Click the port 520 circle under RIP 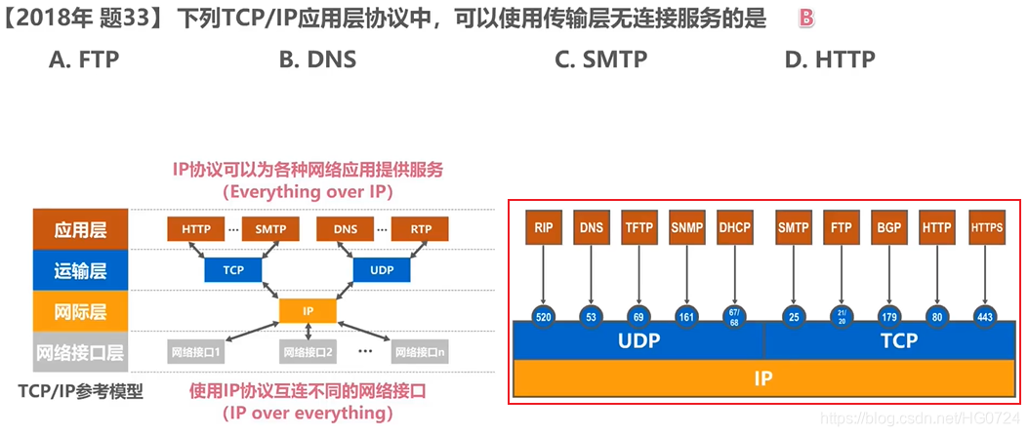pos(544,315)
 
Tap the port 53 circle pos(592,315)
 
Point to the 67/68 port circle pos(734,315)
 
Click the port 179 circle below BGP pos(888,315)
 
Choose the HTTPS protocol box pos(987,227)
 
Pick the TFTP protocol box pos(639,227)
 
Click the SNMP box pos(687,227)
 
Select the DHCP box pos(734,227)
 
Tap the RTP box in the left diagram pos(421,229)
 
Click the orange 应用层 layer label pos(80,229)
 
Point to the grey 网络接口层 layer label pos(80,351)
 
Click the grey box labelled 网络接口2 pos(309,351)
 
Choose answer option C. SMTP pos(600,59)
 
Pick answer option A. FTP pos(84,59)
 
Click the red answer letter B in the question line pos(805,18)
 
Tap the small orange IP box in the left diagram pos(308,310)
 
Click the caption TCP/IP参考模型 pos(80,391)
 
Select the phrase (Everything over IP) pos(308,192)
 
